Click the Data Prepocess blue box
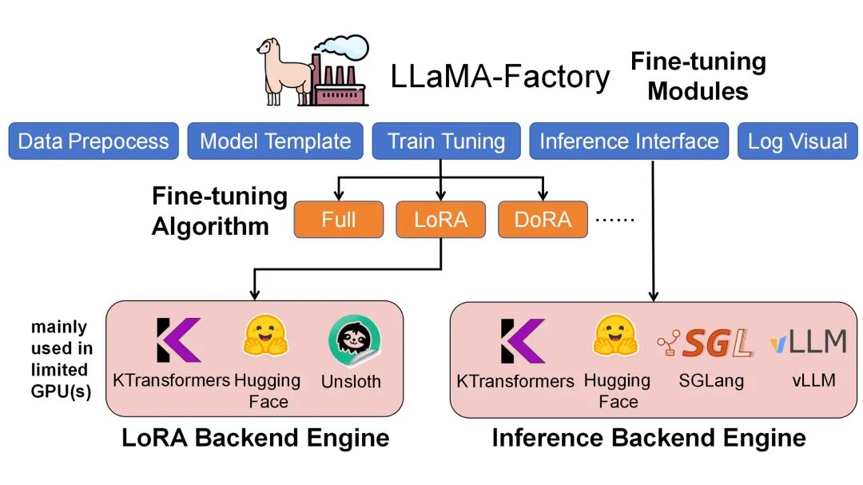click(93, 141)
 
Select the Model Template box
click(275, 141)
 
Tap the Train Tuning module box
click(447, 141)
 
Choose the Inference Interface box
click(629, 141)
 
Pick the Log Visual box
click(797, 141)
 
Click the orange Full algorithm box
click(339, 220)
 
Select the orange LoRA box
click(441, 220)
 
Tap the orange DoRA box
click(543, 220)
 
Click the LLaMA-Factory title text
click(500, 77)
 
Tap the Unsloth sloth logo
click(355, 340)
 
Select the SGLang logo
click(706, 343)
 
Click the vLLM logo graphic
click(809, 341)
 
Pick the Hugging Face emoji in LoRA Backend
click(266, 336)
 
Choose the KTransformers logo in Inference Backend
click(523, 341)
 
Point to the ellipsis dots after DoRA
click(615, 220)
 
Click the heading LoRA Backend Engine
click(256, 438)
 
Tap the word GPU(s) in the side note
click(61, 392)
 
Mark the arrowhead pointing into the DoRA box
click(543, 196)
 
